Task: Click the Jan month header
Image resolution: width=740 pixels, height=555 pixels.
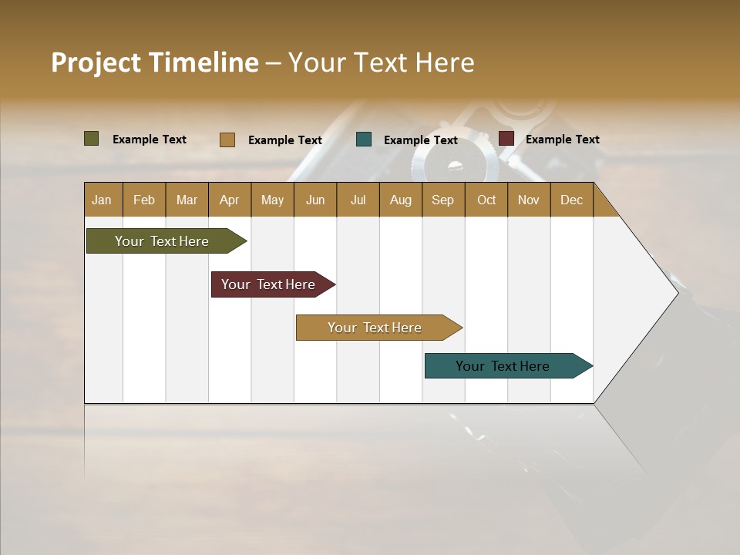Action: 103,200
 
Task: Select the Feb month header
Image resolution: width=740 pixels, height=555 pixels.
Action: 144,200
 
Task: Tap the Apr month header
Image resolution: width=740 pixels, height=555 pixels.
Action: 229,200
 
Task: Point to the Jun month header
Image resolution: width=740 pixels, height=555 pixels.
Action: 315,200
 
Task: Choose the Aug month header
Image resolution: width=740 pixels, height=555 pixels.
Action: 401,200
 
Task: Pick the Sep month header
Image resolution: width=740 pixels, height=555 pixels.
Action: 443,200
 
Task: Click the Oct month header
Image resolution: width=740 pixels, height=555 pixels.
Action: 486,200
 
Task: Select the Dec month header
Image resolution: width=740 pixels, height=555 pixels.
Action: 572,200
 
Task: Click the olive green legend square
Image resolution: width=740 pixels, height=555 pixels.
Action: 92,139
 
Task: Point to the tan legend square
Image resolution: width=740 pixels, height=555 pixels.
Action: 227,140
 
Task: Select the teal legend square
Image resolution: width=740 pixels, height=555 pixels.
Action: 364,140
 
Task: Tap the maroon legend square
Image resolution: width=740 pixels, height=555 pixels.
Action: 506,139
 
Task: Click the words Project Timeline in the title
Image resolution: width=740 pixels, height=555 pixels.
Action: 155,62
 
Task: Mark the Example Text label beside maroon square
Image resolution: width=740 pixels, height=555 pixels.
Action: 563,140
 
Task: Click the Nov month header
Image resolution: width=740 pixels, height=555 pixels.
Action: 529,200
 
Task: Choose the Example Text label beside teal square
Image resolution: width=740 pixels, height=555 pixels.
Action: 421,140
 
